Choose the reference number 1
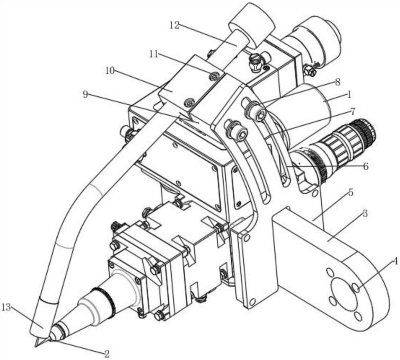tap(350, 95)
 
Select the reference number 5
tap(350, 192)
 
